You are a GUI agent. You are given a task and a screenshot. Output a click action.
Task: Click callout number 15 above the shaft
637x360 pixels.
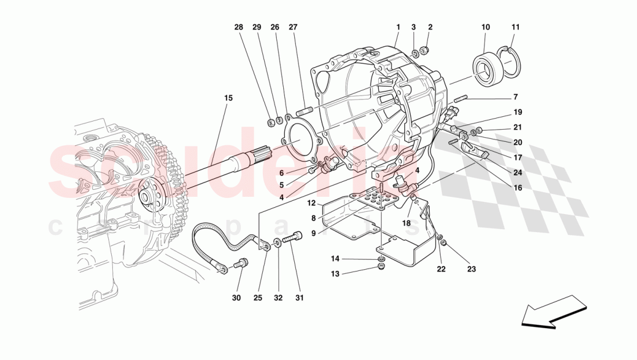pos(228,98)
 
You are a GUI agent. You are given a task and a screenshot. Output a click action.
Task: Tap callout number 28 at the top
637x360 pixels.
pos(239,27)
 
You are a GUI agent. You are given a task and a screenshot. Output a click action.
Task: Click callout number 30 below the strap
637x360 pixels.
pos(236,298)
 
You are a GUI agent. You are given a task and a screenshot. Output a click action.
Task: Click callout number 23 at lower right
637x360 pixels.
pos(471,269)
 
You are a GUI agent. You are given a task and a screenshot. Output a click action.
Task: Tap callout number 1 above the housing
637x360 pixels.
pos(398,27)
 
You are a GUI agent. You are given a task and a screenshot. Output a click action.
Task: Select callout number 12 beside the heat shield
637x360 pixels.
pos(311,203)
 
